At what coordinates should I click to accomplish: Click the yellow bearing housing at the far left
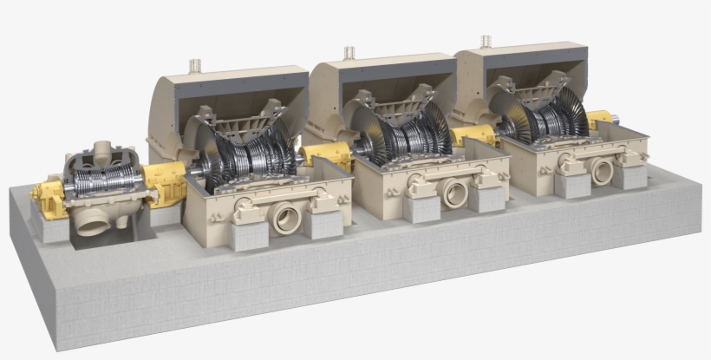click(x=47, y=195)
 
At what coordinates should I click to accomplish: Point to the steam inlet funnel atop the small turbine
click(x=102, y=149)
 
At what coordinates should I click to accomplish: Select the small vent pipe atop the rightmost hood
click(x=486, y=41)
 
